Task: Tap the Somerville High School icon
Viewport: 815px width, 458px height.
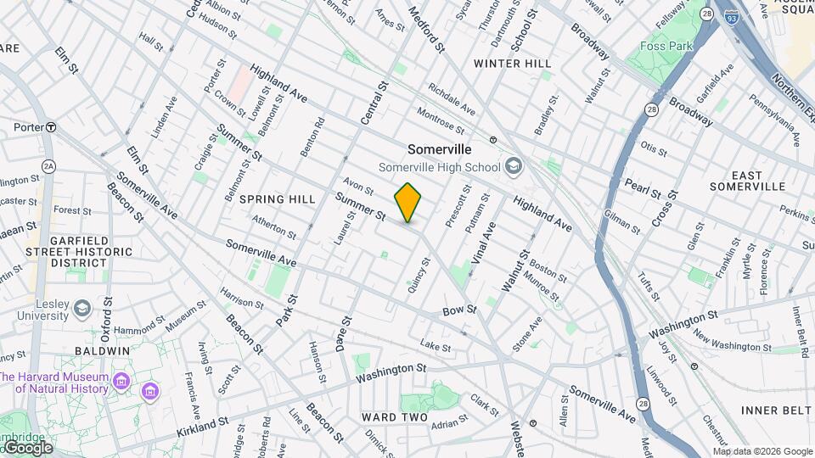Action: pyautogui.click(x=513, y=166)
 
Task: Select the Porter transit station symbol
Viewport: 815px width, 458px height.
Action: pyautogui.click(x=51, y=127)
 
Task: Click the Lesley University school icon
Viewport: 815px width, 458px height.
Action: pyautogui.click(x=82, y=307)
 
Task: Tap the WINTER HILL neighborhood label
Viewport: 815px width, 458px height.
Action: pyautogui.click(x=512, y=64)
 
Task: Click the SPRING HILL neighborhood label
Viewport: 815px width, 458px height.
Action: pyautogui.click(x=277, y=199)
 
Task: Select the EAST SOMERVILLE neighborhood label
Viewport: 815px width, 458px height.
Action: pyautogui.click(x=747, y=181)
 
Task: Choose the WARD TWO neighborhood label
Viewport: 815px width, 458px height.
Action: pyautogui.click(x=395, y=417)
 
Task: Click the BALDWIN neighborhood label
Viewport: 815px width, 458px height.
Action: pyautogui.click(x=101, y=350)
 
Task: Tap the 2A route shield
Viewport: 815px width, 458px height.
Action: pyautogui.click(x=48, y=166)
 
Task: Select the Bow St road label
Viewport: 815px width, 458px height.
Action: pyautogui.click(x=456, y=312)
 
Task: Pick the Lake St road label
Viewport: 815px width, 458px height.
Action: pyautogui.click(x=436, y=346)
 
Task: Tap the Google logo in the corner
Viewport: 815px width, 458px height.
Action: pyautogui.click(x=27, y=447)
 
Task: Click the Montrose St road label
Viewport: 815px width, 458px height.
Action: pyautogui.click(x=440, y=120)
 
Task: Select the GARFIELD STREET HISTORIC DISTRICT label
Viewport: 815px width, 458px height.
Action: pyautogui.click(x=79, y=252)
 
